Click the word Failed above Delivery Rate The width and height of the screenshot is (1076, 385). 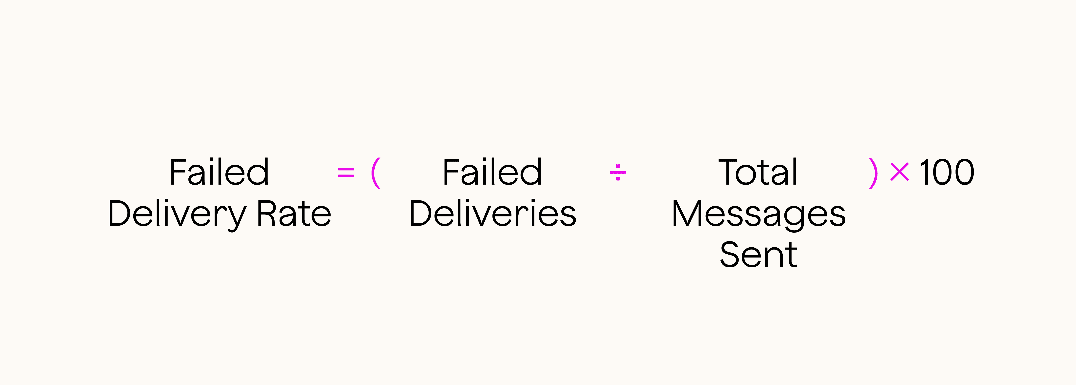pos(219,172)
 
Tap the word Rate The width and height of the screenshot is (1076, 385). pos(294,214)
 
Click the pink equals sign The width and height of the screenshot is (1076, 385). pos(346,172)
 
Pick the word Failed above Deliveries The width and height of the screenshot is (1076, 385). pos(492,172)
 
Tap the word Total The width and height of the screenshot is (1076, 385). pos(758,172)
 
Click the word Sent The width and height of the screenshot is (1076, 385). pos(759,254)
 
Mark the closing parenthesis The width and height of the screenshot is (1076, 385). pos(873,173)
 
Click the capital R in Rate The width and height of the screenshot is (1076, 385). pos(266,214)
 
